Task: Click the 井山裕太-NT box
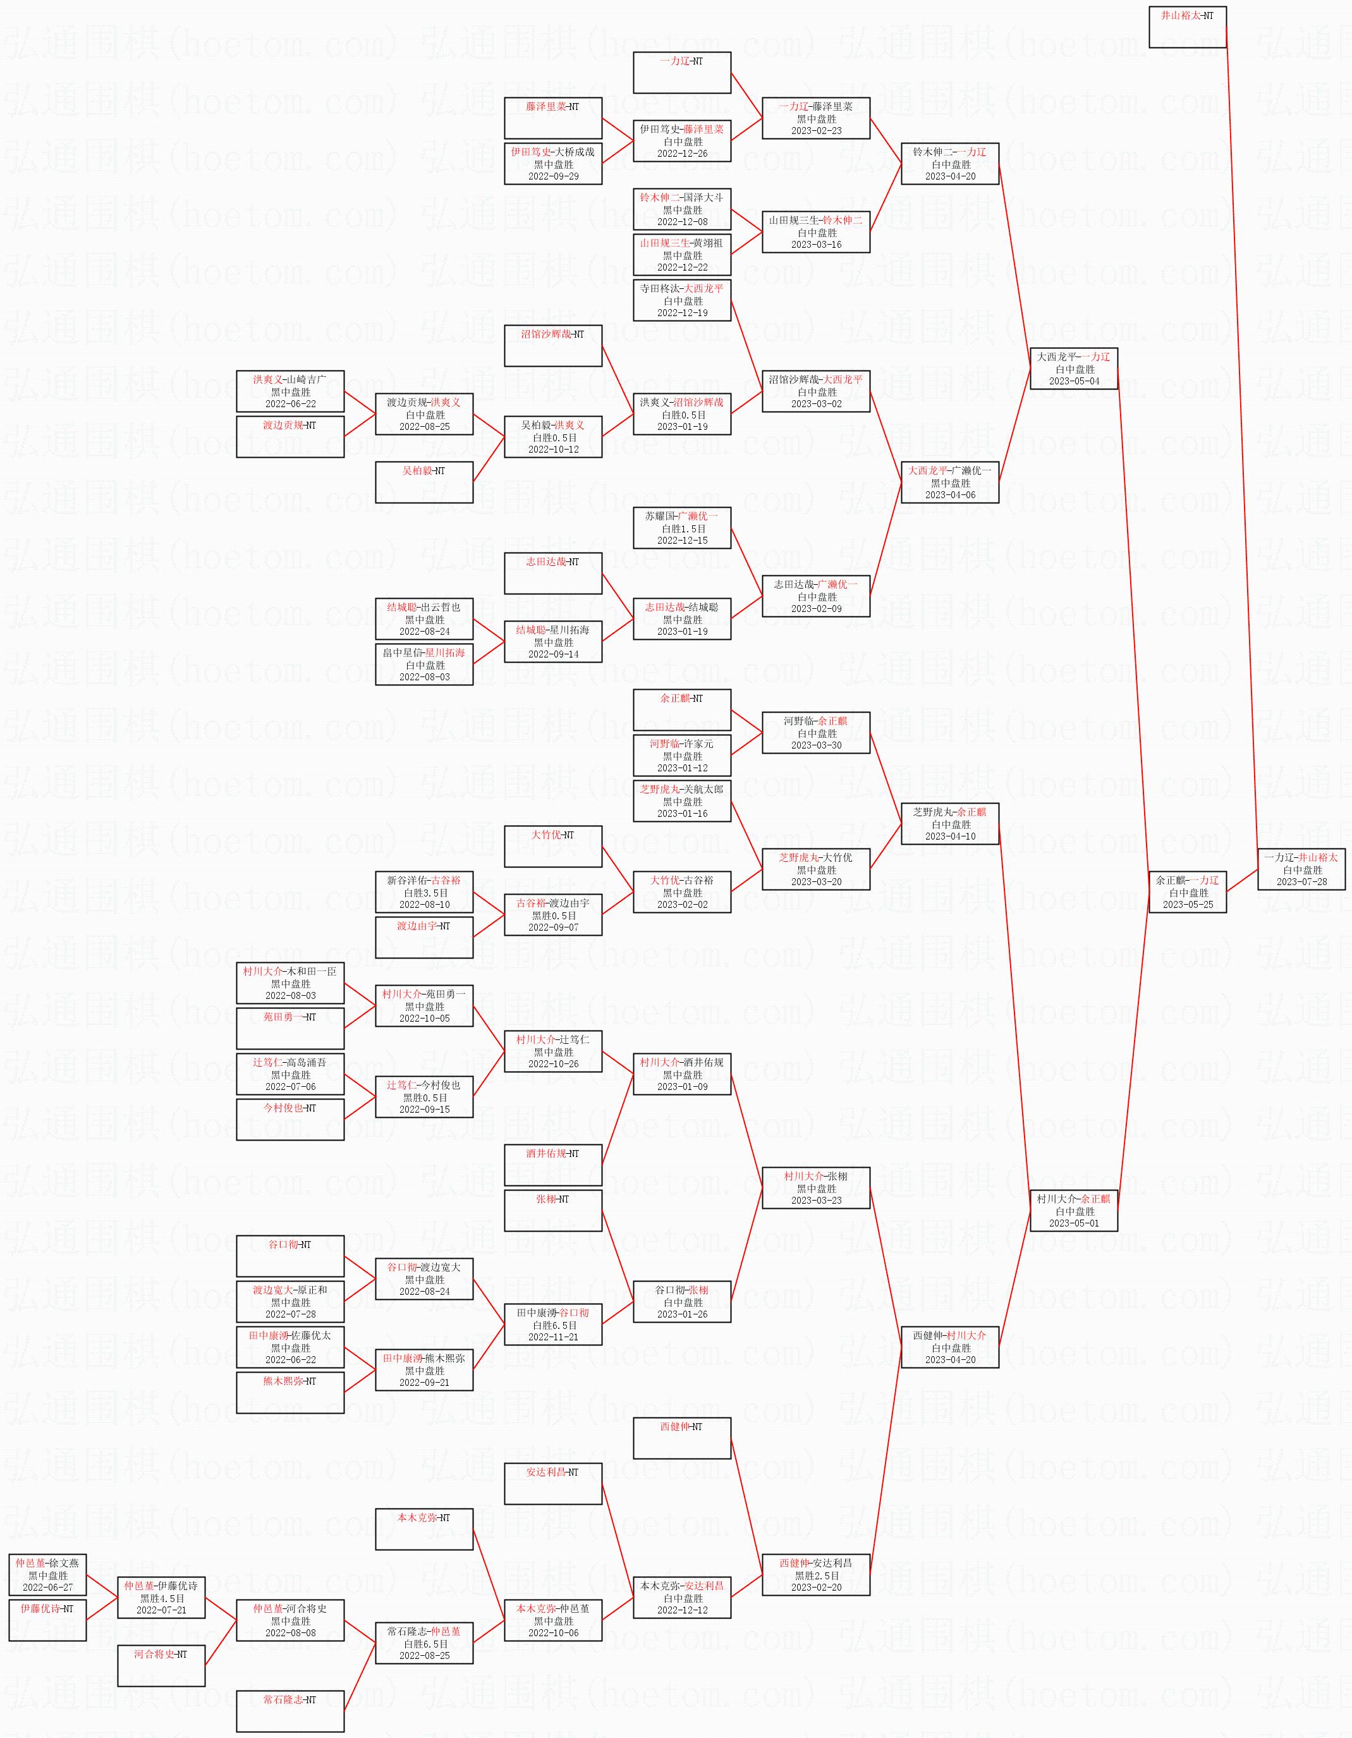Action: point(1186,27)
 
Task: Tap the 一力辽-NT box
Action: point(682,73)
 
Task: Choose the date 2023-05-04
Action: point(1073,381)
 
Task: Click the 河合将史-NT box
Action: point(162,1665)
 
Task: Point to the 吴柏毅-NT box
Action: point(424,482)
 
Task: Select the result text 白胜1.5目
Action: point(682,529)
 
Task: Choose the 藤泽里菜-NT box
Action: point(553,118)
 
